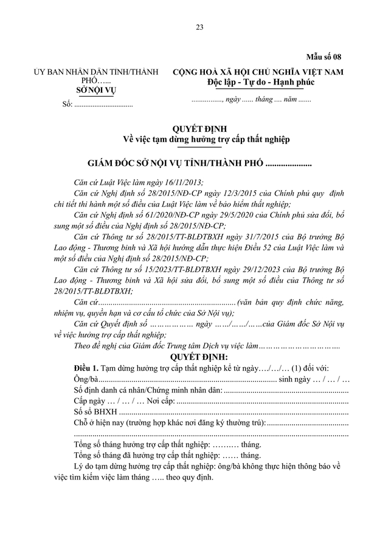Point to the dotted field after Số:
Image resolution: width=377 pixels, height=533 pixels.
coord(103,105)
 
